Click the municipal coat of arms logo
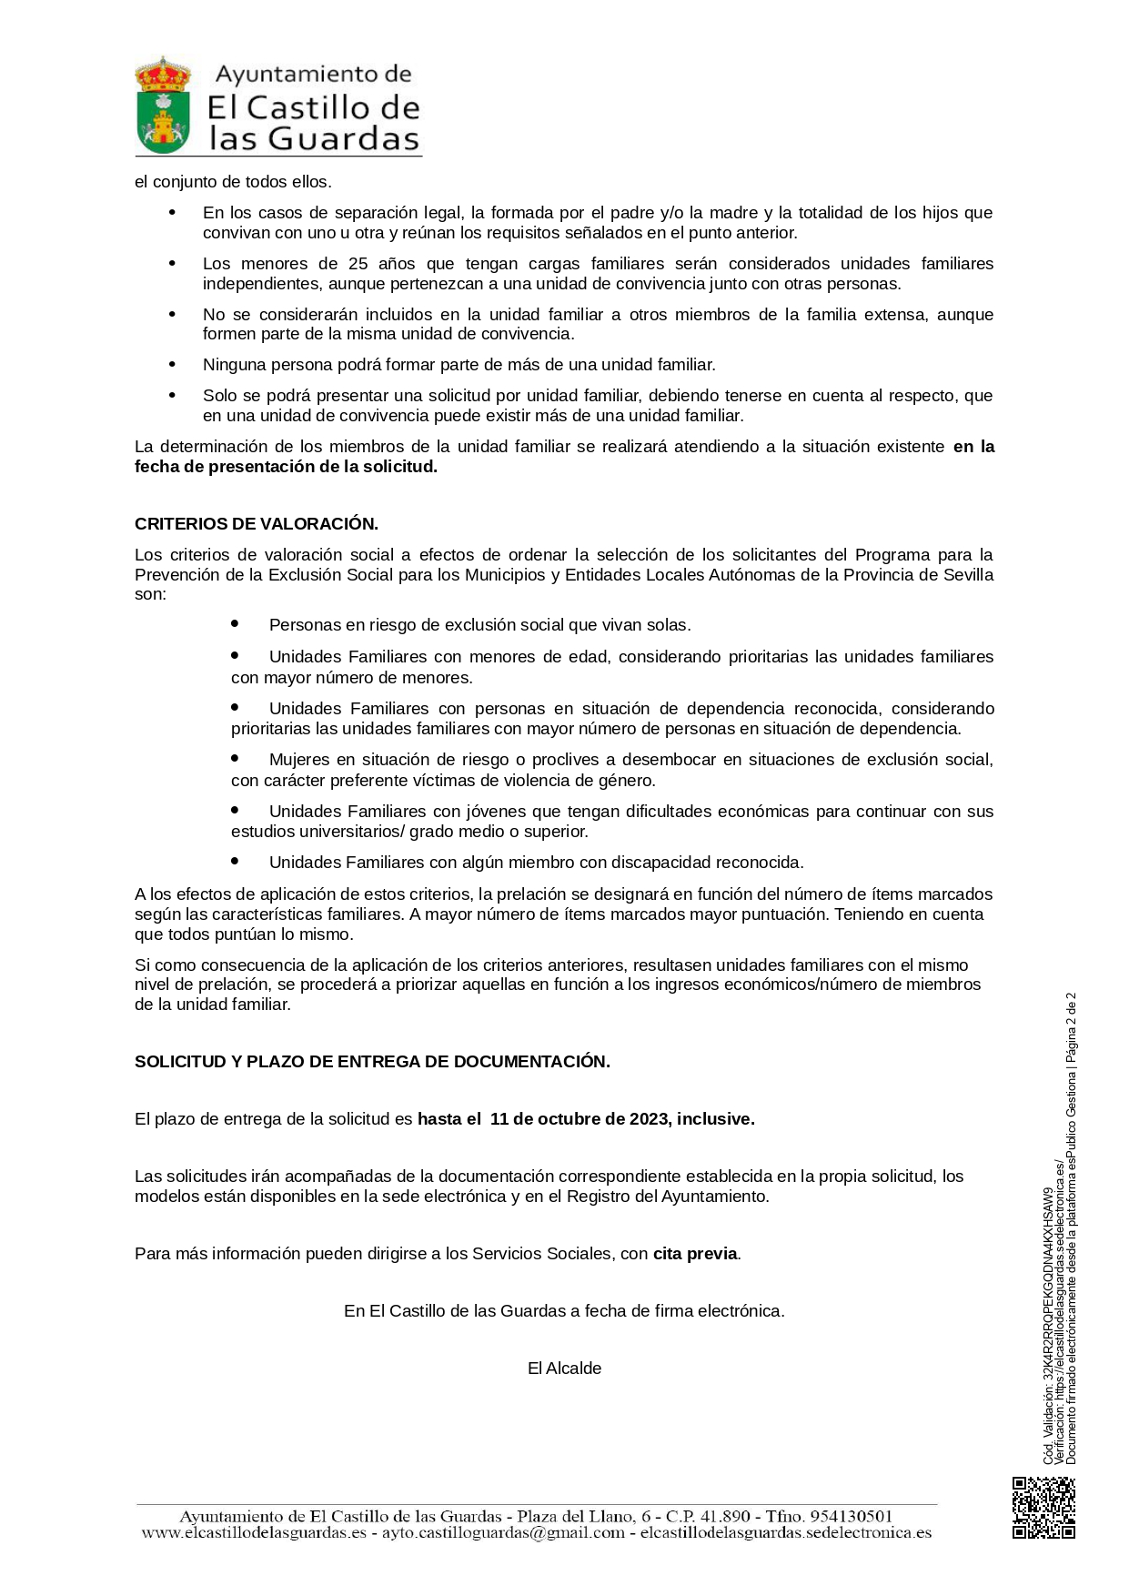pyautogui.click(x=163, y=105)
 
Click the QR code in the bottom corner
pyautogui.click(x=1043, y=1508)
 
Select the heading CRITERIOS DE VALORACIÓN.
pyautogui.click(x=257, y=524)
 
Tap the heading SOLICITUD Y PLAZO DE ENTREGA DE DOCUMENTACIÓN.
pyautogui.click(x=372, y=1062)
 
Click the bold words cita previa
pyautogui.click(x=695, y=1254)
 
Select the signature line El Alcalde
pyautogui.click(x=564, y=1369)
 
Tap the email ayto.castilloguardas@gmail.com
pyautogui.click(x=503, y=1533)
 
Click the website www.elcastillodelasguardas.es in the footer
pyautogui.click(x=254, y=1533)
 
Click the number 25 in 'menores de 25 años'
pyautogui.click(x=358, y=264)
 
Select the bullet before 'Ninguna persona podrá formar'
pyautogui.click(x=172, y=365)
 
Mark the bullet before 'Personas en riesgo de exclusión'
pyautogui.click(x=235, y=624)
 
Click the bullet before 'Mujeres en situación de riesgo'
pyautogui.click(x=235, y=758)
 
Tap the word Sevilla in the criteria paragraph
pyautogui.click(x=968, y=575)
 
